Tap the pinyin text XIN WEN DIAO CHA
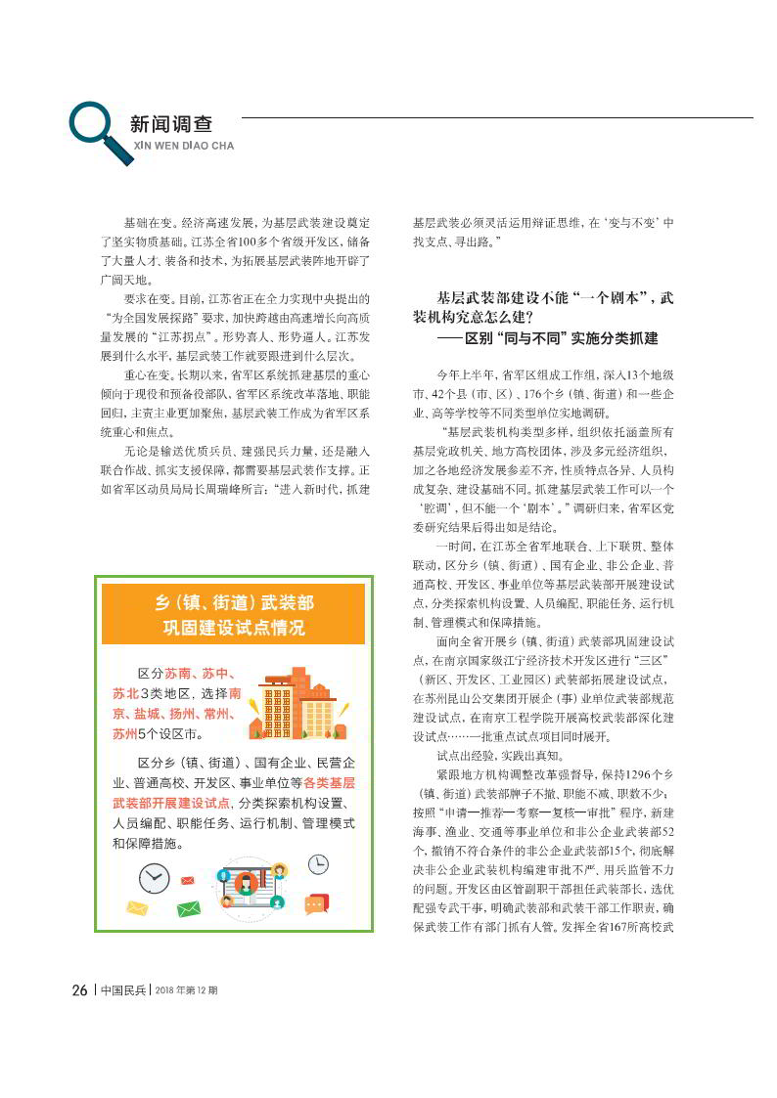click(x=183, y=146)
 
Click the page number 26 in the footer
click(x=80, y=989)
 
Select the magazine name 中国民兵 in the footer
click(x=123, y=989)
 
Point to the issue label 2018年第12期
click(x=186, y=989)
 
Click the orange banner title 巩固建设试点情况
click(x=234, y=627)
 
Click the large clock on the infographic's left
click(x=154, y=878)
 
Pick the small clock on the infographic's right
click(x=318, y=863)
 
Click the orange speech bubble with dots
click(x=315, y=905)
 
